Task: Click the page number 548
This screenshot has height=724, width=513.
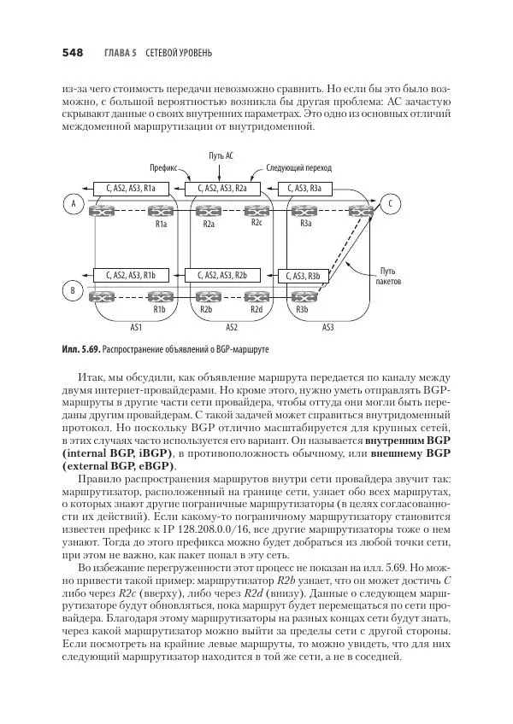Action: point(72,53)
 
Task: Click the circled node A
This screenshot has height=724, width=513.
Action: point(74,203)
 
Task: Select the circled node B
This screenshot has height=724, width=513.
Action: point(74,292)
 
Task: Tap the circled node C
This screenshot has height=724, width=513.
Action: point(390,203)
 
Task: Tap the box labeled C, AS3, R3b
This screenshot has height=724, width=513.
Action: point(304,276)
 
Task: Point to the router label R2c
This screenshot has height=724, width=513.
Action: point(256,223)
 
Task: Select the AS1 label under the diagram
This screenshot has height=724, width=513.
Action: point(135,326)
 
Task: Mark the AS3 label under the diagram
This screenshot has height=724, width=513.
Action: point(328,326)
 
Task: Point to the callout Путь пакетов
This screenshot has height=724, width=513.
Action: point(387,275)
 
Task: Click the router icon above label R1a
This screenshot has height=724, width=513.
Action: point(159,209)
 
